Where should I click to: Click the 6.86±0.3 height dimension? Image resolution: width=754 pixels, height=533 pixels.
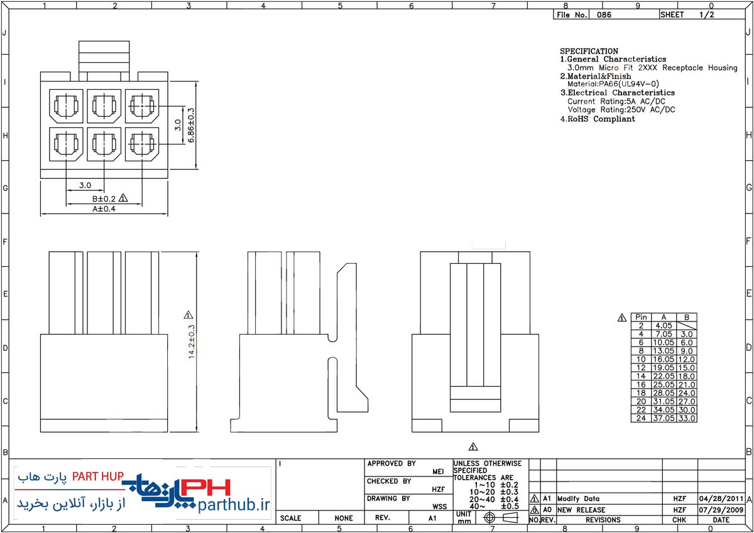click(191, 125)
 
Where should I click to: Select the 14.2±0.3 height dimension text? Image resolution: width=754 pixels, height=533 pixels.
click(192, 342)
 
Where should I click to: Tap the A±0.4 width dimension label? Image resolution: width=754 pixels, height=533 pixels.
click(104, 209)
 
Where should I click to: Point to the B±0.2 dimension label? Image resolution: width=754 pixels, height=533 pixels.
click(104, 199)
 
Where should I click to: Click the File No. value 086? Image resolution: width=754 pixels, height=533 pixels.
click(604, 15)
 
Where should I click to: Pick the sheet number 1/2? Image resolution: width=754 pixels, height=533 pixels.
click(706, 14)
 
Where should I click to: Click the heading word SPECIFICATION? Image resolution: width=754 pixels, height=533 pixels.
click(589, 51)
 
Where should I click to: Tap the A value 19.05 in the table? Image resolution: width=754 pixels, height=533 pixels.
click(664, 367)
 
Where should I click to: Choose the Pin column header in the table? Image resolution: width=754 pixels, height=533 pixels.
click(641, 317)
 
